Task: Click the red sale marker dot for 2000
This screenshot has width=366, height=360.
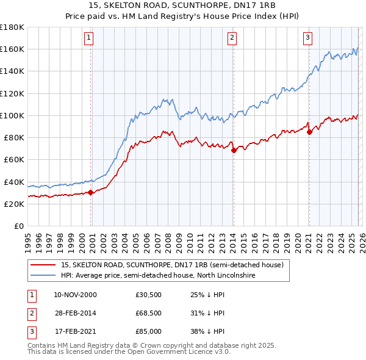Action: pyautogui.click(x=91, y=192)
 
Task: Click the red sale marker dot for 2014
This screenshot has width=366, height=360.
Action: pyautogui.click(x=234, y=150)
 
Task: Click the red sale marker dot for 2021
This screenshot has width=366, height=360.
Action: pyautogui.click(x=309, y=132)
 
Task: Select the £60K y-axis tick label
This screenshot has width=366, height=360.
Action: pyautogui.click(x=14, y=160)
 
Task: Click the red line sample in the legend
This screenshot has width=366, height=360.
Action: pyautogui.click(x=43, y=265)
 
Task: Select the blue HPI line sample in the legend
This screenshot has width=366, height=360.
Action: pyautogui.click(x=43, y=276)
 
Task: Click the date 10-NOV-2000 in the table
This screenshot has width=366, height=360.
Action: pyautogui.click(x=75, y=295)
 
